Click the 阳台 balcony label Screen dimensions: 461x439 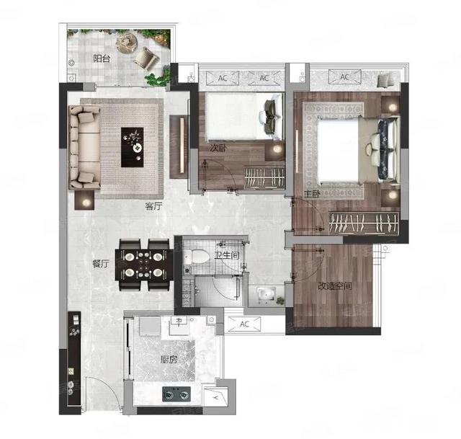pyautogui.click(x=102, y=58)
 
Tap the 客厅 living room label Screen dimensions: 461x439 pyautogui.click(x=153, y=206)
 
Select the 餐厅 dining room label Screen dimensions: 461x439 pyautogui.click(x=101, y=264)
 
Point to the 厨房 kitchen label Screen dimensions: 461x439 pyautogui.click(x=169, y=359)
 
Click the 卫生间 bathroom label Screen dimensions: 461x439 pyautogui.click(x=227, y=255)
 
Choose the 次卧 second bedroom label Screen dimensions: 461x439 pyautogui.click(x=218, y=148)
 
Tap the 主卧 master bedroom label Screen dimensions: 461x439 pyautogui.click(x=312, y=194)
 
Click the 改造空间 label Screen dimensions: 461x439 pyautogui.click(x=335, y=285)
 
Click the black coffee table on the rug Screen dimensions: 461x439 pyautogui.click(x=133, y=147)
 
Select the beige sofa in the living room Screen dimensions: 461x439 pyautogui.click(x=85, y=147)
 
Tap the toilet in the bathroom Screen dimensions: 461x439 pyautogui.click(x=197, y=257)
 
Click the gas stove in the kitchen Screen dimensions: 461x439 pyautogui.click(x=176, y=394)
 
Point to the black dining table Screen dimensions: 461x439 pyautogui.click(x=144, y=265)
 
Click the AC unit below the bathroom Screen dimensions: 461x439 pyautogui.click(x=244, y=324)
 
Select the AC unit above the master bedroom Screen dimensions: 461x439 pyautogui.click(x=344, y=77)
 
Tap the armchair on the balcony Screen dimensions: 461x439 pyautogui.click(x=146, y=57)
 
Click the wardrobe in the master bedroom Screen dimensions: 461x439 pyautogui.click(x=364, y=223)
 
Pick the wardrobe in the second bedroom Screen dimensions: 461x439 pyautogui.click(x=264, y=177)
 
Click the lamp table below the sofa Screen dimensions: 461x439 pyautogui.click(x=84, y=200)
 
